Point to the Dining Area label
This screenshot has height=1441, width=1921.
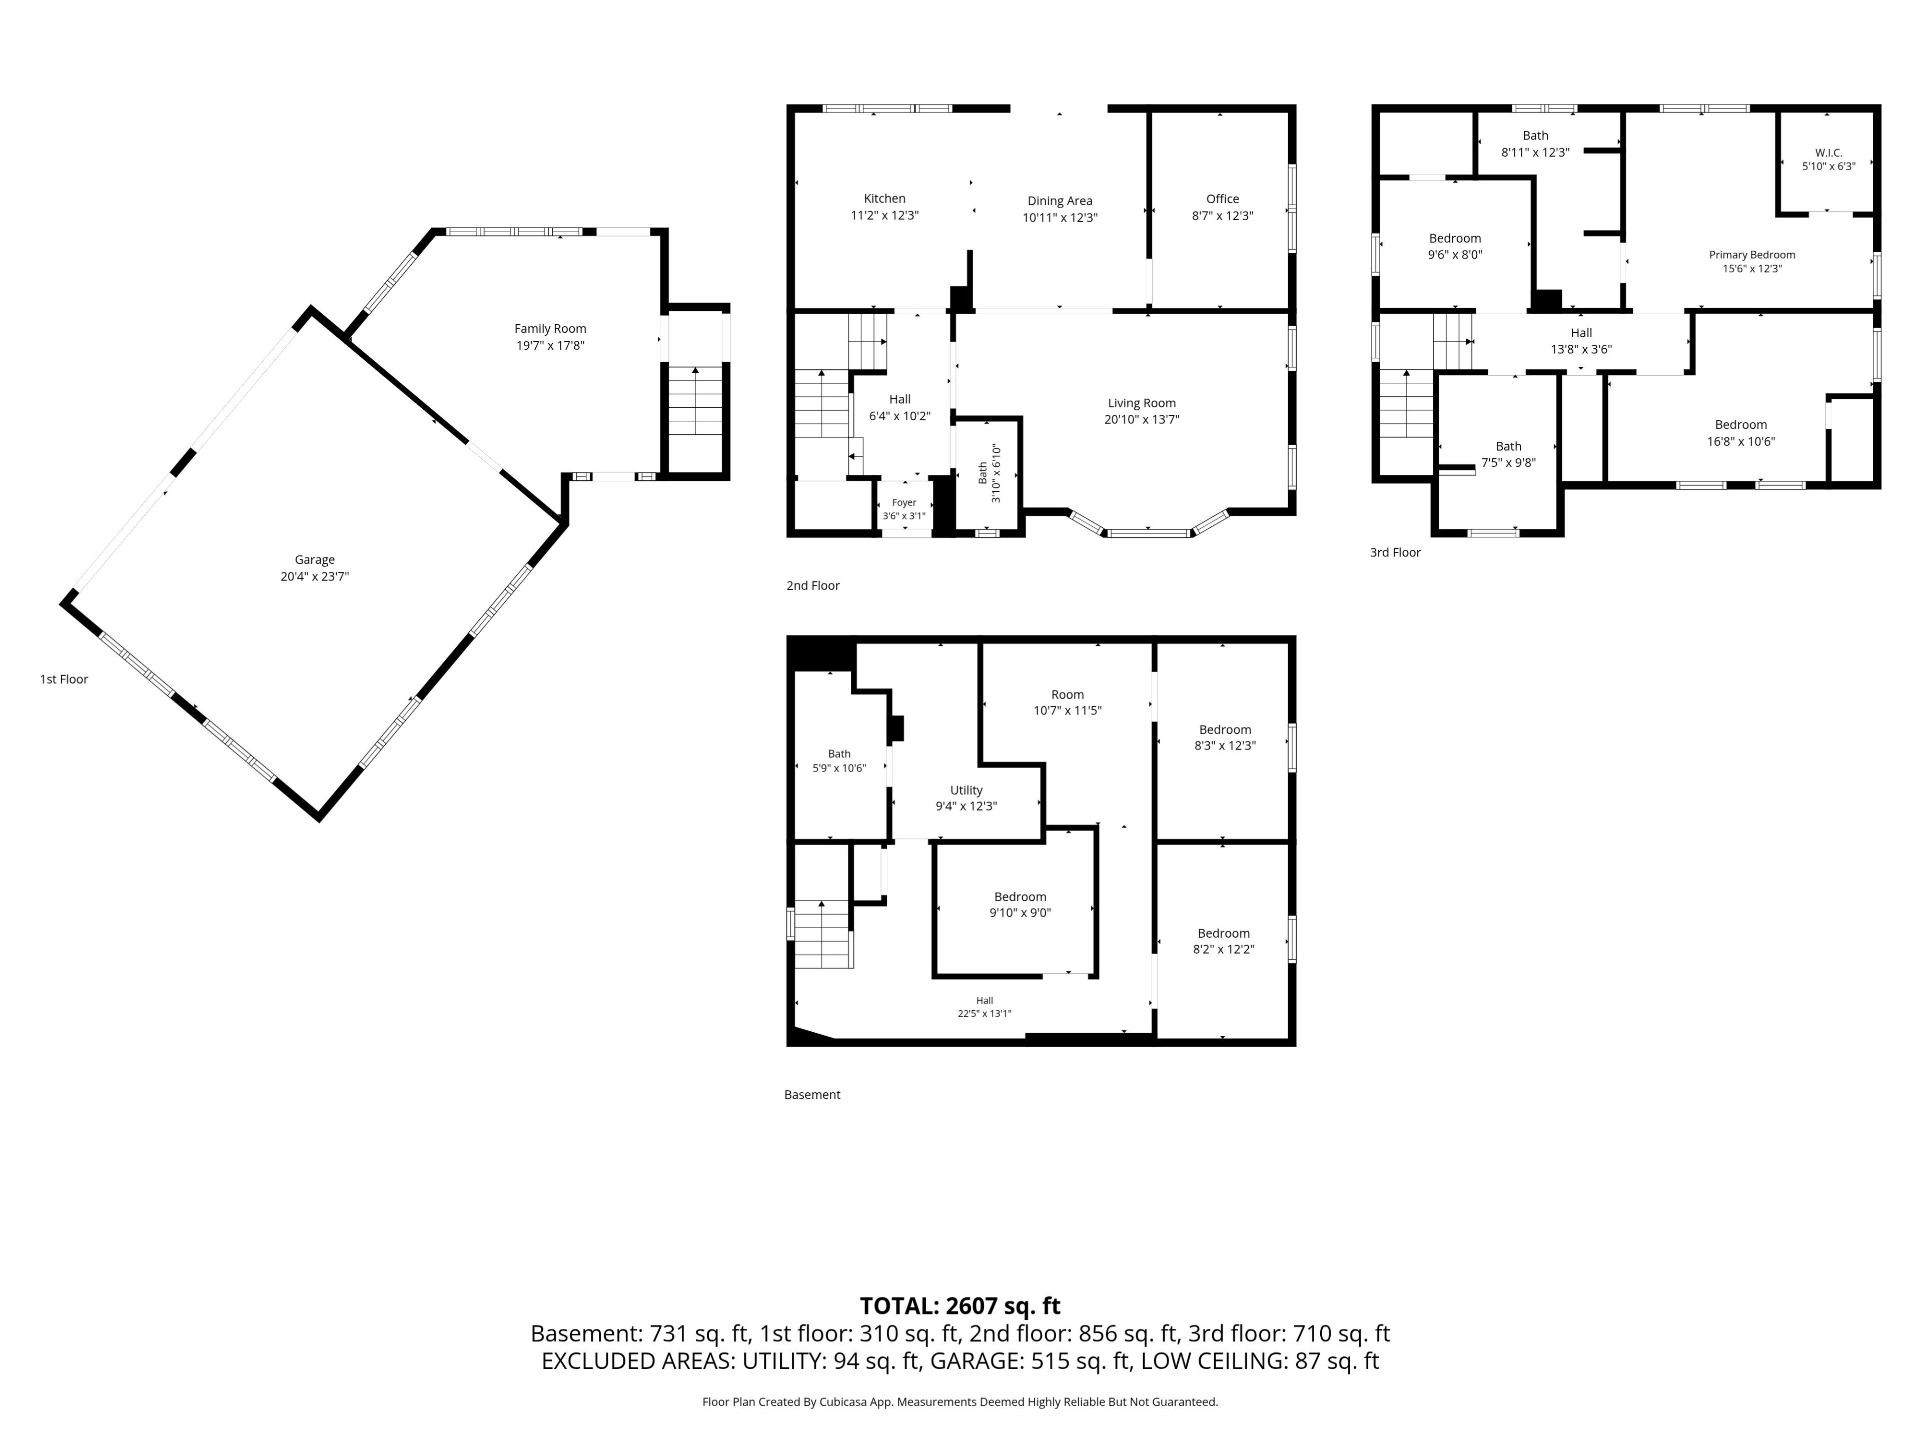1060,201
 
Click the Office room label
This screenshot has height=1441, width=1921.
1222,199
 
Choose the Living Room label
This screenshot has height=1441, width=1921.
1141,403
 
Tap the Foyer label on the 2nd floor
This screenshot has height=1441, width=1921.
904,502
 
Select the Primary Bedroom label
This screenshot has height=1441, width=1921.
1751,255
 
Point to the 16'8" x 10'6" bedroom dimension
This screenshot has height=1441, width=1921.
1740,441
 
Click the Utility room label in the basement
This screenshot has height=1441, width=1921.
966,791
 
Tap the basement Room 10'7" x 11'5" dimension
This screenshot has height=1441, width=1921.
1068,710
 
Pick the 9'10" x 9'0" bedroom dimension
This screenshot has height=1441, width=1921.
1020,913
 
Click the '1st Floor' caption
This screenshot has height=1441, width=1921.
64,679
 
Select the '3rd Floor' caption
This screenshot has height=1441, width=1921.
1395,552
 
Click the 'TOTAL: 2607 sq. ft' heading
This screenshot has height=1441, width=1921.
959,1305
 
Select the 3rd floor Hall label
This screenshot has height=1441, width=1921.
1580,333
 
